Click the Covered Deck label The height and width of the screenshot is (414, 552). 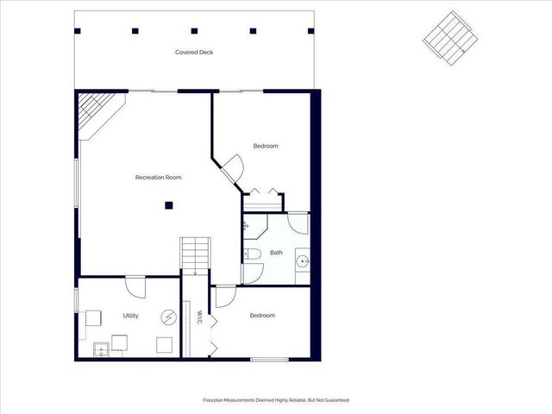point(194,53)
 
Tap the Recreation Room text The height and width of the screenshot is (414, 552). point(159,178)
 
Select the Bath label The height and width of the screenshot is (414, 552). point(276,253)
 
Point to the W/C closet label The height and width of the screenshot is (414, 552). point(198,317)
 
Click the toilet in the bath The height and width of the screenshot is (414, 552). point(252,254)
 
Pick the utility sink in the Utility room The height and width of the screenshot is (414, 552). point(101,348)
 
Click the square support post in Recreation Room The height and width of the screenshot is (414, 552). point(170,205)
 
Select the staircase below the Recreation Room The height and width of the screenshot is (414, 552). point(195,255)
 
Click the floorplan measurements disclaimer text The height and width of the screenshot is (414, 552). point(276,400)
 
